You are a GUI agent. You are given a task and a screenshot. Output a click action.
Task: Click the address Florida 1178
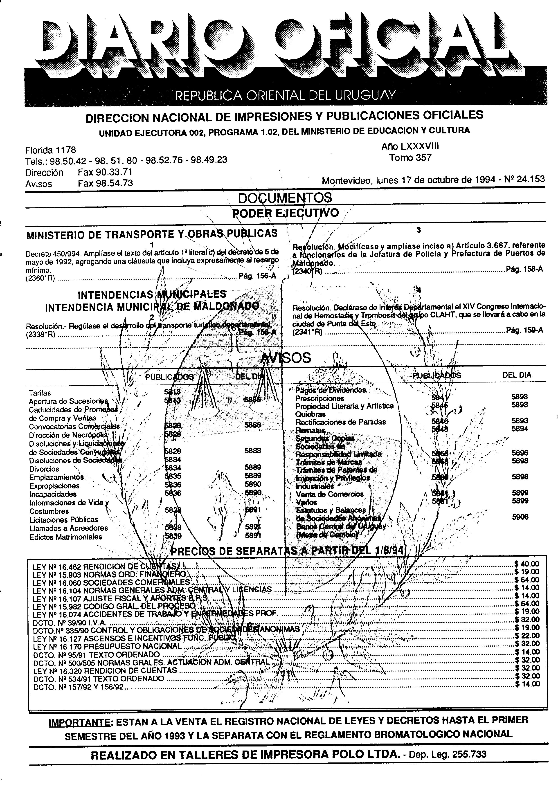coord(50,150)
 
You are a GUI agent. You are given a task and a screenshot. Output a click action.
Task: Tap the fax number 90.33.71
coord(105,172)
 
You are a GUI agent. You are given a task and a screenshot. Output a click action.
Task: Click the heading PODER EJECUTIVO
coord(285,213)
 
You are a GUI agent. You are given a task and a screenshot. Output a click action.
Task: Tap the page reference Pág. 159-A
coord(524,330)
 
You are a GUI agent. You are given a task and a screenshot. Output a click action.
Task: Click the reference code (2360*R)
coord(40,279)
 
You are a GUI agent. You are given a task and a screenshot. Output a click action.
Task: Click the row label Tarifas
coord(40,393)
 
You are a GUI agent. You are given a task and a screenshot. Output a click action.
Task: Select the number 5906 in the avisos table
coord(520,517)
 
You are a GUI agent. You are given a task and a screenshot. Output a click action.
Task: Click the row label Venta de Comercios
coord(329,494)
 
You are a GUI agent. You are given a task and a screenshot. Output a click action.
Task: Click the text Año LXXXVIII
coord(410,147)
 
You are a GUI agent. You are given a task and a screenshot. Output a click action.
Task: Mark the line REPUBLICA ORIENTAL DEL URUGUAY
coord(285,95)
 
